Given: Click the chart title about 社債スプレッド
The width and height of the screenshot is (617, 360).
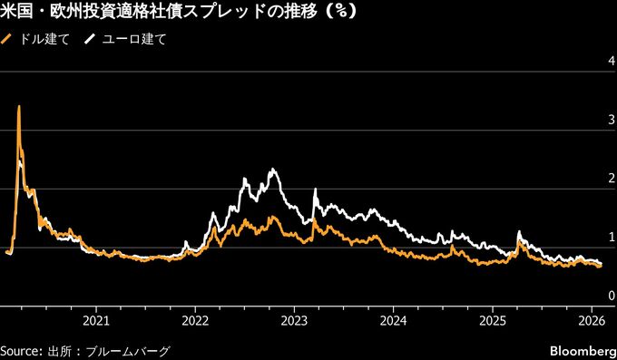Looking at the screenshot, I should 178,14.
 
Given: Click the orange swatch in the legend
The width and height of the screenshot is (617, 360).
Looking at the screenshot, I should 8,40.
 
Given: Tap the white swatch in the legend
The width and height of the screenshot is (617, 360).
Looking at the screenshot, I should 91,40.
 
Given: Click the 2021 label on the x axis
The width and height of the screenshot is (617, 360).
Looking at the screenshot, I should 96,320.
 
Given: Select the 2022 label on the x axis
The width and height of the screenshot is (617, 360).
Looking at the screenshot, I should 195,320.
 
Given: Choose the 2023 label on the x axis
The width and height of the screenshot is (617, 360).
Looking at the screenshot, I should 294,320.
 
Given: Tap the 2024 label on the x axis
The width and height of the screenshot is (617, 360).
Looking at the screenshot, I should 393,320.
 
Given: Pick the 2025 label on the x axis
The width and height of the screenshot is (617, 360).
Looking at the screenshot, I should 492,320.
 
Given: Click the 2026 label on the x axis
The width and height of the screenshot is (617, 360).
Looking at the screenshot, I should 591,320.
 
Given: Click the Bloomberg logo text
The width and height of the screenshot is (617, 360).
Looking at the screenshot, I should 581,350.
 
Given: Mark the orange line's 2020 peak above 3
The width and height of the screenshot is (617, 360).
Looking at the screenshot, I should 19,108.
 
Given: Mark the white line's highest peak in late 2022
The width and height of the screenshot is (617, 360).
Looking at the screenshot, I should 272,170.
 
